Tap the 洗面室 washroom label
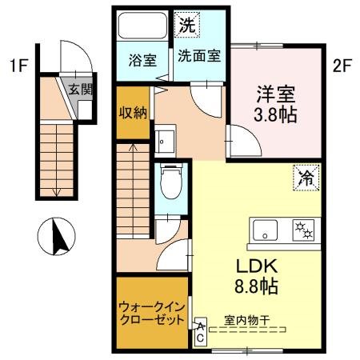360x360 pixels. click(200, 58)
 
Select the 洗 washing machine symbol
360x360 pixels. click(186, 25)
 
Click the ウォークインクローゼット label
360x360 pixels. click(150, 312)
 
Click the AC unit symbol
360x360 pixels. click(200, 331)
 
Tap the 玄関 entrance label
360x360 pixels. click(78, 89)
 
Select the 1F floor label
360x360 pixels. click(18, 65)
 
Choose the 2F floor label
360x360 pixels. click(342, 65)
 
